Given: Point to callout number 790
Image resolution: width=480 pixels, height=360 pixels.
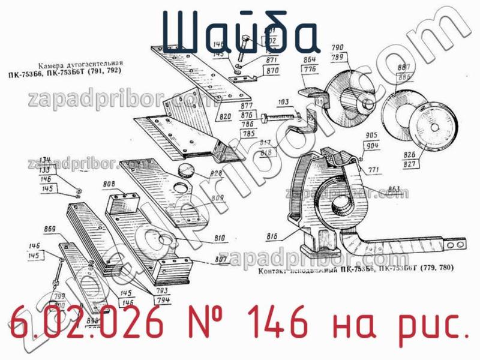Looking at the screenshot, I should coord(337,47).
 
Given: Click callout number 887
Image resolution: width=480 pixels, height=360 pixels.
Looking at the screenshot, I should coord(404,67).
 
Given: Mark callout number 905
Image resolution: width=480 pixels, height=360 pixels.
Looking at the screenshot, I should coord(371,136).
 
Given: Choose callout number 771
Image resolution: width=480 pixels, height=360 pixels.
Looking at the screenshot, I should coord(374,170).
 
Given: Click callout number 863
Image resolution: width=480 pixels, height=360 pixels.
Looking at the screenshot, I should coord(394,190).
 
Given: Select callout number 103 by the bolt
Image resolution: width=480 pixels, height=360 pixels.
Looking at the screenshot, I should coord(284,103).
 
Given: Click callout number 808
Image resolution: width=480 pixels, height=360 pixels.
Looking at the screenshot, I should coord(109,184).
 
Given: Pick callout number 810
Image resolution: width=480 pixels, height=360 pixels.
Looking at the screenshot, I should coord(220,238).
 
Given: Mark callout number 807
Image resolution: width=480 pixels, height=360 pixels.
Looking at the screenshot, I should coord(220,260).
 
